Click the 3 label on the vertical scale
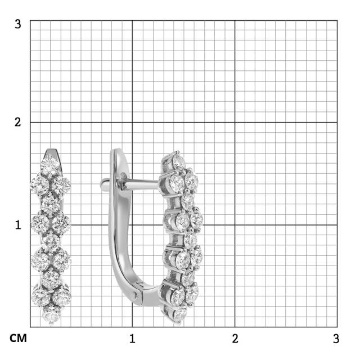pos(17,24)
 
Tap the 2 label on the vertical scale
pos(17,122)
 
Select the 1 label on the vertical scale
pos(18,225)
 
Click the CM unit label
pos(18,338)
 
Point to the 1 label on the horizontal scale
pos(132,339)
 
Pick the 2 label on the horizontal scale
pos(235,339)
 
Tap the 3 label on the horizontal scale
pos(336,339)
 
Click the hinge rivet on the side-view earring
pos(134,296)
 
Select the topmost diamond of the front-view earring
pos(50,168)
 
